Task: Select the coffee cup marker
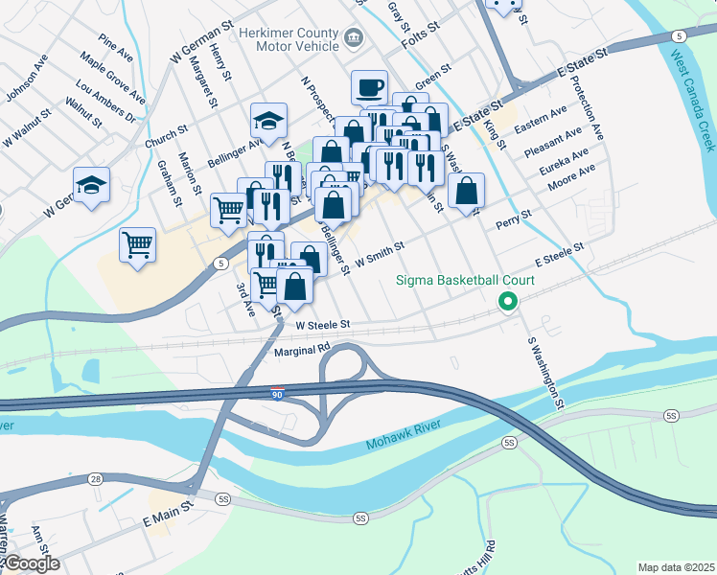click(369, 89)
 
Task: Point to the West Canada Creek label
click(692, 102)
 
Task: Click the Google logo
click(31, 563)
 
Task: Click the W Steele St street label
click(324, 326)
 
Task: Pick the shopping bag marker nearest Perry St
click(466, 191)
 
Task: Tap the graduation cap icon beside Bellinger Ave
click(268, 121)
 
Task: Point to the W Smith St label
click(380, 252)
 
